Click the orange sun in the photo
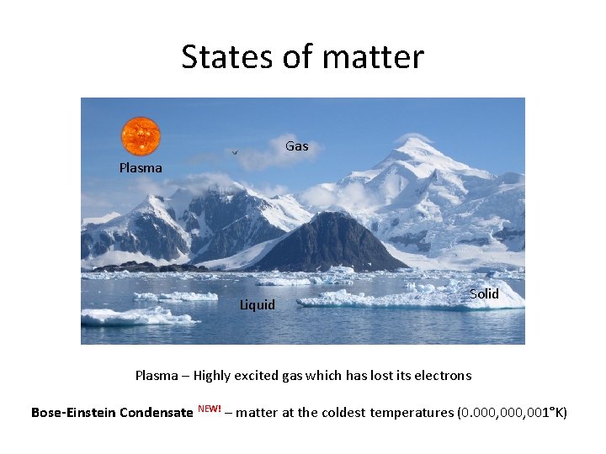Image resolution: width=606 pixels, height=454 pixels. [141, 136]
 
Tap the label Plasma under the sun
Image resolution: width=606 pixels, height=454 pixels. [141, 168]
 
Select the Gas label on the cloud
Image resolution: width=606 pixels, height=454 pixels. [296, 146]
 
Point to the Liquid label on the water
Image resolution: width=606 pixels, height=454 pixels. [257, 304]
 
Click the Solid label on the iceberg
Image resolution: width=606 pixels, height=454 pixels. [484, 293]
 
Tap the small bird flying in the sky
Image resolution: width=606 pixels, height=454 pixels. [235, 152]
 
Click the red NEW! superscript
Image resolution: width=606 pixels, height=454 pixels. [209, 409]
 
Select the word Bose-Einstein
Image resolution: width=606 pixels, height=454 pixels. [73, 412]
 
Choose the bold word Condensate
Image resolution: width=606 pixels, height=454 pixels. [157, 412]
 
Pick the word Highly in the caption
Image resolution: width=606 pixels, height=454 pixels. [212, 375]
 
